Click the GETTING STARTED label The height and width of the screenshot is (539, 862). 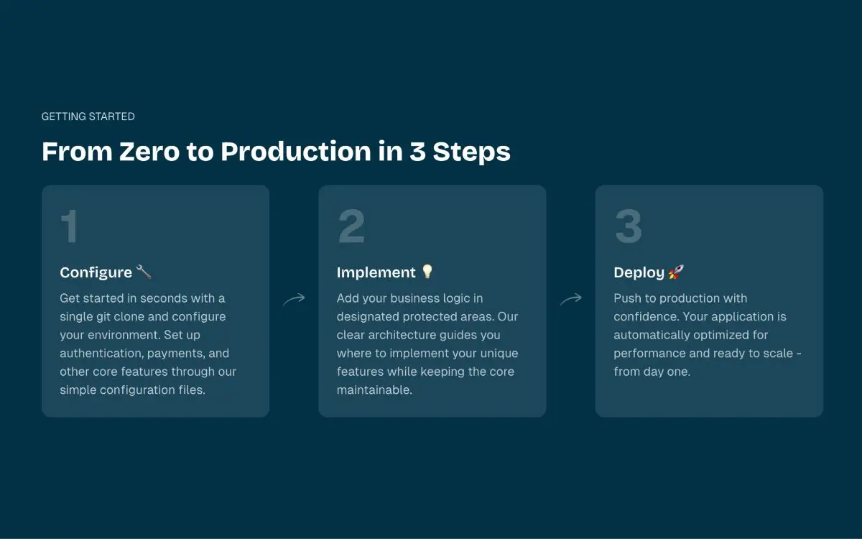[88, 116]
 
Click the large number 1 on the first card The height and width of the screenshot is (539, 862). [70, 226]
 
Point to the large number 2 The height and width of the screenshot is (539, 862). [351, 226]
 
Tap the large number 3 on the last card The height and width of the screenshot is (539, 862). [628, 226]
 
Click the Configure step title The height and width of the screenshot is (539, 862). [96, 272]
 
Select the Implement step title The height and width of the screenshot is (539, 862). [376, 272]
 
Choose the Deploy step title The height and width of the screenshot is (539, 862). [639, 272]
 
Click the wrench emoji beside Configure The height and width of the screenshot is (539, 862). [144, 272]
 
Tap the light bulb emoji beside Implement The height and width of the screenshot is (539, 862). [427, 272]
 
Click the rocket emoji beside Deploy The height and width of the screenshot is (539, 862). [676, 272]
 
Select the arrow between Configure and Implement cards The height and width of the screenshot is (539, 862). [294, 300]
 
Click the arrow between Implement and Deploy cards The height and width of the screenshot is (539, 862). [570, 300]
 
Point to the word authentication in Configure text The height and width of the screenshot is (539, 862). [101, 354]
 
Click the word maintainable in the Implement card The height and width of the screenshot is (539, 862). [374, 390]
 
